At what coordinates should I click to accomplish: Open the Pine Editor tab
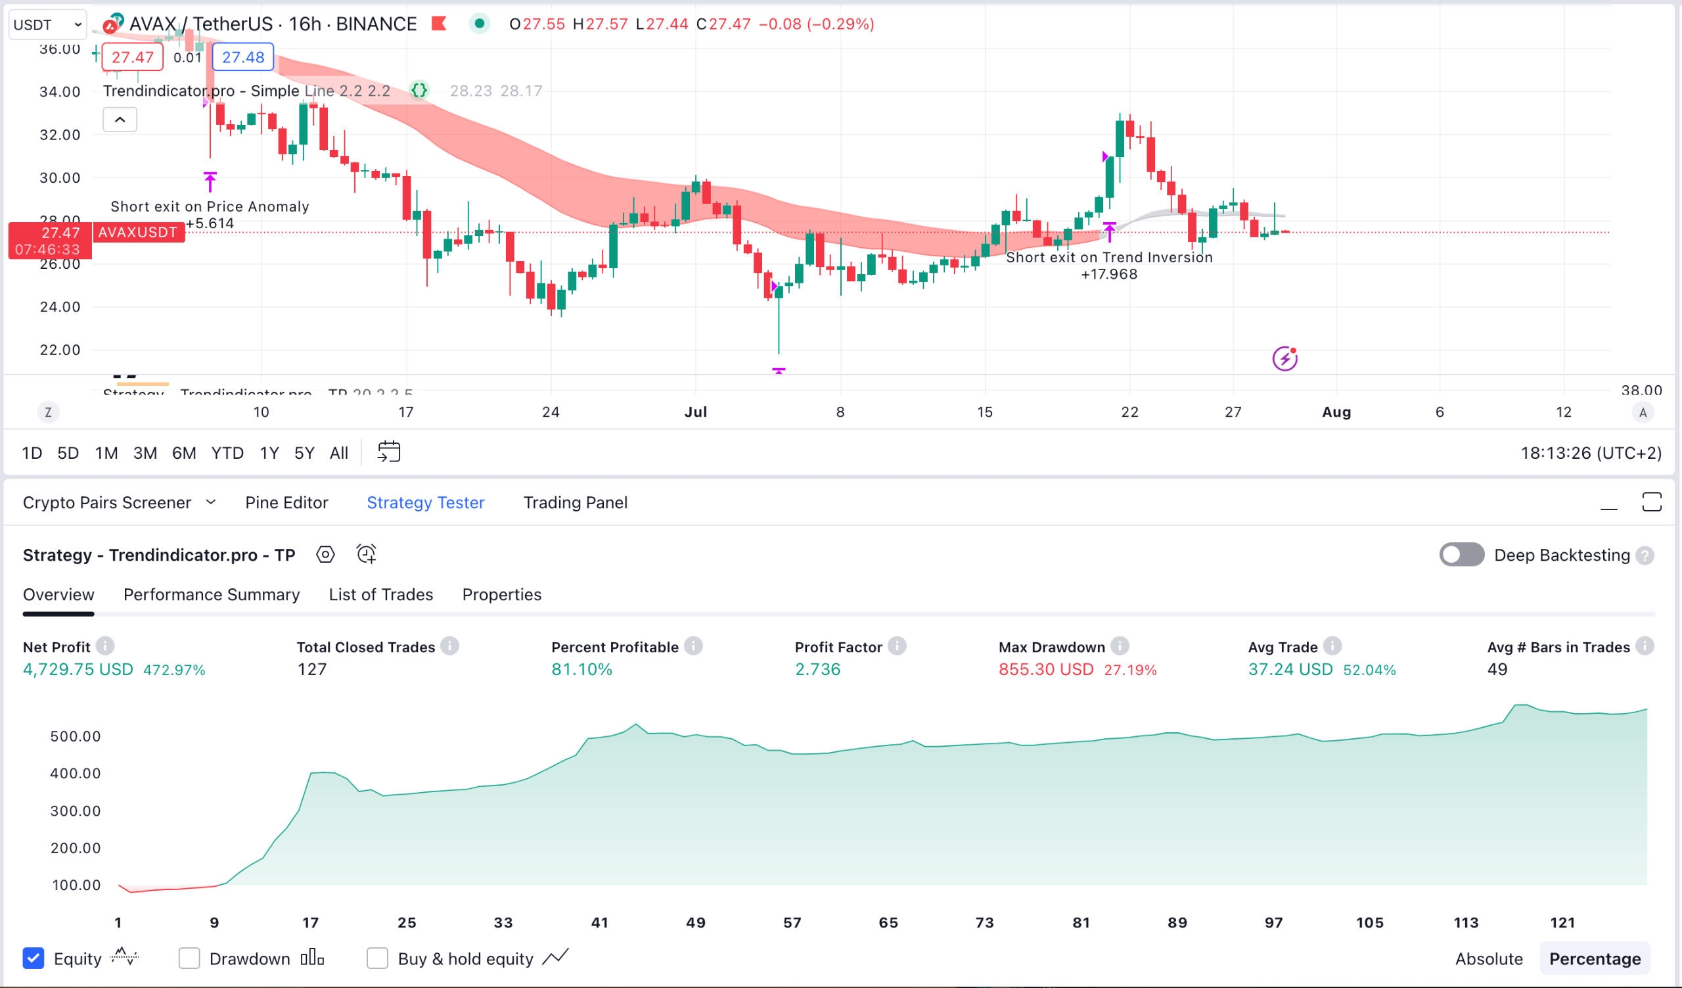pos(286,503)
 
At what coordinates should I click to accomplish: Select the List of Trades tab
pos(380,594)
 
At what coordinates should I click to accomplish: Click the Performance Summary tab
pos(211,594)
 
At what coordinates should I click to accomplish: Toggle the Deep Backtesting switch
pos(1461,555)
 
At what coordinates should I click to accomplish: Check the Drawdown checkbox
pos(189,958)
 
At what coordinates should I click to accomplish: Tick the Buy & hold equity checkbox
pos(377,958)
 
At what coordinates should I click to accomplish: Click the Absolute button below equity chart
pos(1488,958)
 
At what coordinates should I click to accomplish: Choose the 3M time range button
pos(145,454)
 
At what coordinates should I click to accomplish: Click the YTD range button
pos(227,454)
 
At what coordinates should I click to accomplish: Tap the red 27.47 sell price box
pos(132,57)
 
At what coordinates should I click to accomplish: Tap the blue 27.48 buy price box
pos(243,57)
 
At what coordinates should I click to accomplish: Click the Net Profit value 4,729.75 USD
pos(78,669)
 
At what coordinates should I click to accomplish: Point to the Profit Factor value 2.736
pos(817,669)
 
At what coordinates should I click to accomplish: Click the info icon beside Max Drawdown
pos(1120,646)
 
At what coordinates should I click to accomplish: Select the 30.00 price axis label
pos(59,177)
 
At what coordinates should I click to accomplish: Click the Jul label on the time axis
pos(696,412)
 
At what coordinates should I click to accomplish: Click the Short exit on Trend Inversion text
pos(1108,258)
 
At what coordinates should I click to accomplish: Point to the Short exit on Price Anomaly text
pos(210,207)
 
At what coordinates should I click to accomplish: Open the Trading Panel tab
pos(575,503)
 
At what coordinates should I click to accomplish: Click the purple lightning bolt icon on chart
pos(1284,359)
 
